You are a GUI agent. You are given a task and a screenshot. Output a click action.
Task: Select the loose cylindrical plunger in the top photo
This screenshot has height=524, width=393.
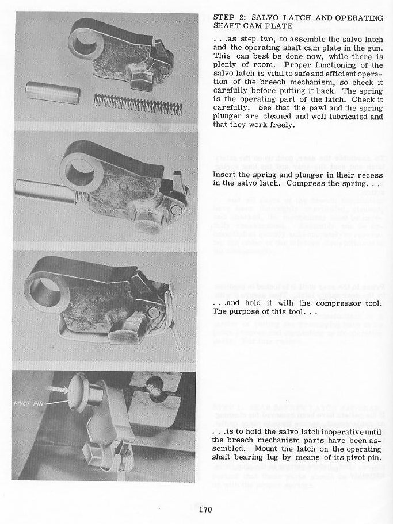pos(52,92)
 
